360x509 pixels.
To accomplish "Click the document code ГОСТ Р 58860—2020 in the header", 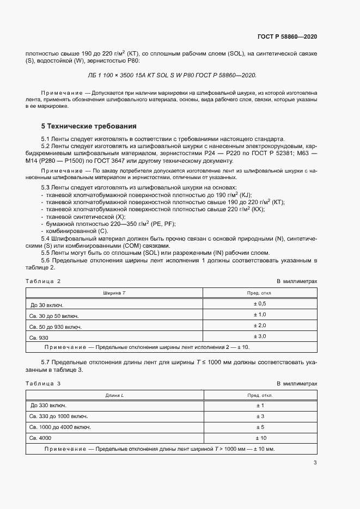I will [286, 36].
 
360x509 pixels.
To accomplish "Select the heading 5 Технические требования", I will [85, 126].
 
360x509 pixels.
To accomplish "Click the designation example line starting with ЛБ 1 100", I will [172, 76].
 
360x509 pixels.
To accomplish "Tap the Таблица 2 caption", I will [43, 281].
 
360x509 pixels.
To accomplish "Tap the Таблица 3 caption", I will [43, 383].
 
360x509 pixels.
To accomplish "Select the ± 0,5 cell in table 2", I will [259, 303].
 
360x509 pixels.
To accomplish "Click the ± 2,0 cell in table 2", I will [259, 326].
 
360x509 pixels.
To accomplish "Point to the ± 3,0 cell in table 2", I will [259, 336].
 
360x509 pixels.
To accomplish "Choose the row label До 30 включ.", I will [48, 304].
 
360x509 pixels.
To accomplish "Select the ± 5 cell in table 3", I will [259, 427].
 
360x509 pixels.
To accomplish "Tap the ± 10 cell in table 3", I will [259, 438].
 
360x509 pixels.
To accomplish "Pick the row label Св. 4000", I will [40, 438].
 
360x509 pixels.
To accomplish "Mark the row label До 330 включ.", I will [48, 406].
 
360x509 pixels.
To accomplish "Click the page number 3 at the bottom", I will [315, 463].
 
